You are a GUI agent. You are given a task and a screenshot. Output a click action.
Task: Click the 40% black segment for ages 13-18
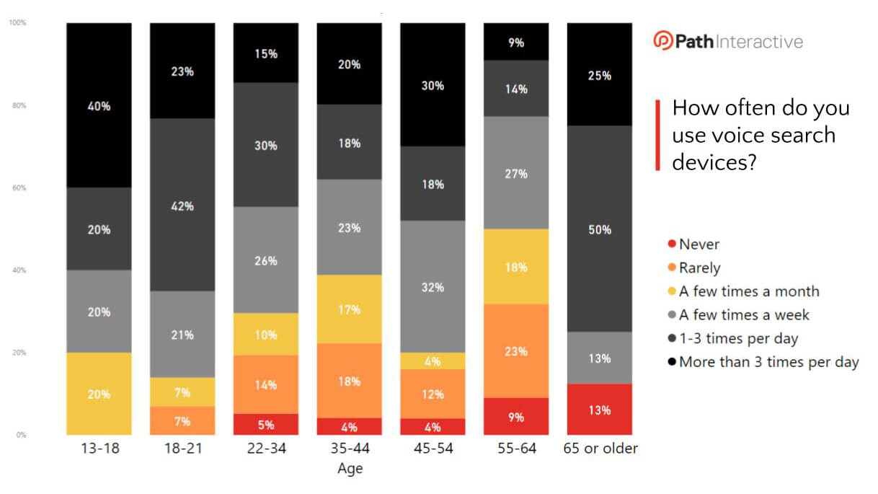(99, 105)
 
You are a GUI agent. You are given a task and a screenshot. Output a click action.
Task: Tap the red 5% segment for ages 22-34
(266, 424)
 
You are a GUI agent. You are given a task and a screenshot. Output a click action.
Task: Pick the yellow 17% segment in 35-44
(350, 309)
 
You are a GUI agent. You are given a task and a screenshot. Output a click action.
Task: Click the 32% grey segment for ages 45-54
(433, 286)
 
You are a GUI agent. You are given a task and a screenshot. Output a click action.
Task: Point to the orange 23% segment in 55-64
(516, 350)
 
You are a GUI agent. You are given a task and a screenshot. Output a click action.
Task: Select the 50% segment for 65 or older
(600, 229)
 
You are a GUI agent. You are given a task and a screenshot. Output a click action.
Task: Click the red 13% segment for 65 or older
(600, 409)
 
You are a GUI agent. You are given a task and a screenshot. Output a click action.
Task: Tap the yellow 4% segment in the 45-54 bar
(433, 361)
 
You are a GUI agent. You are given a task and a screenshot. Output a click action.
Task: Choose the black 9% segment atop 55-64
(516, 42)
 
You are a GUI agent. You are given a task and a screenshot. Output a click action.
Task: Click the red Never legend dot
(672, 245)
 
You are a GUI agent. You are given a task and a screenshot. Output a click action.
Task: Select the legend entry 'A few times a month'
(749, 291)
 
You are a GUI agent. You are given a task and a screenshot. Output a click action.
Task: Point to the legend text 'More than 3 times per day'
(768, 362)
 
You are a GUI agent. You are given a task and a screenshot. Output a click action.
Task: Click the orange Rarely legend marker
(672, 268)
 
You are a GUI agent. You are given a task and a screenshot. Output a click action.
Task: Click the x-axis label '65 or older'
(600, 449)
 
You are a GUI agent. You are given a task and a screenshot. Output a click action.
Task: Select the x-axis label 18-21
(182, 449)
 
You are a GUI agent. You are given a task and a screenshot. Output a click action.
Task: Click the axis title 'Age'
(350, 469)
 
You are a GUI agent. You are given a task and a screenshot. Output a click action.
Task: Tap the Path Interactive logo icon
(662, 41)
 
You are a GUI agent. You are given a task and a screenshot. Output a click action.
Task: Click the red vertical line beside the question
(657, 136)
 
